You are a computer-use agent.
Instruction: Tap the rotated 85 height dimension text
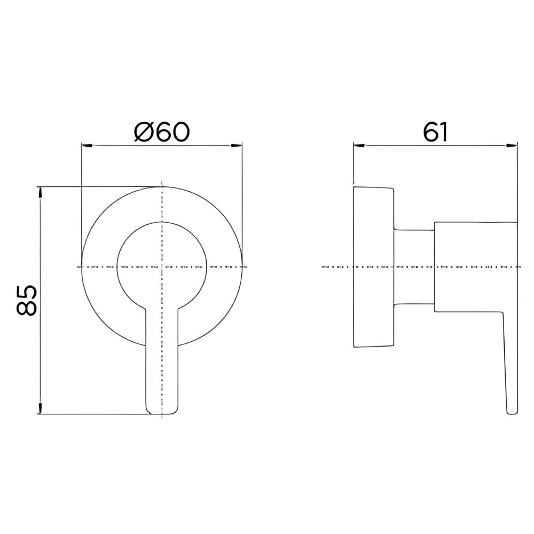click(26, 301)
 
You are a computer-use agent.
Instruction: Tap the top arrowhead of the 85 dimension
click(40, 192)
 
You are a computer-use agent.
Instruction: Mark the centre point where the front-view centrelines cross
click(161, 266)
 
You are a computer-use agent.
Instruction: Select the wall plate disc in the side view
click(373, 267)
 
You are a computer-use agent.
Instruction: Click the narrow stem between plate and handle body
click(414, 267)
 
